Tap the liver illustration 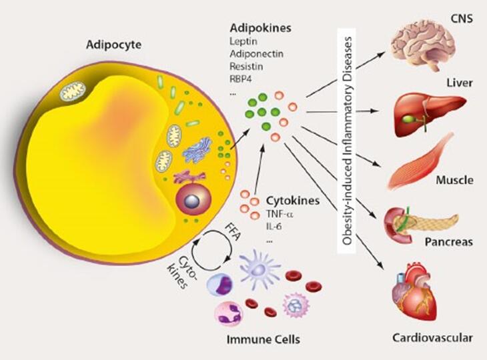(x=427, y=113)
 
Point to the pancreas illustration (x=417, y=224)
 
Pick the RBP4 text (x=241, y=79)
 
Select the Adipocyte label (x=111, y=46)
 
